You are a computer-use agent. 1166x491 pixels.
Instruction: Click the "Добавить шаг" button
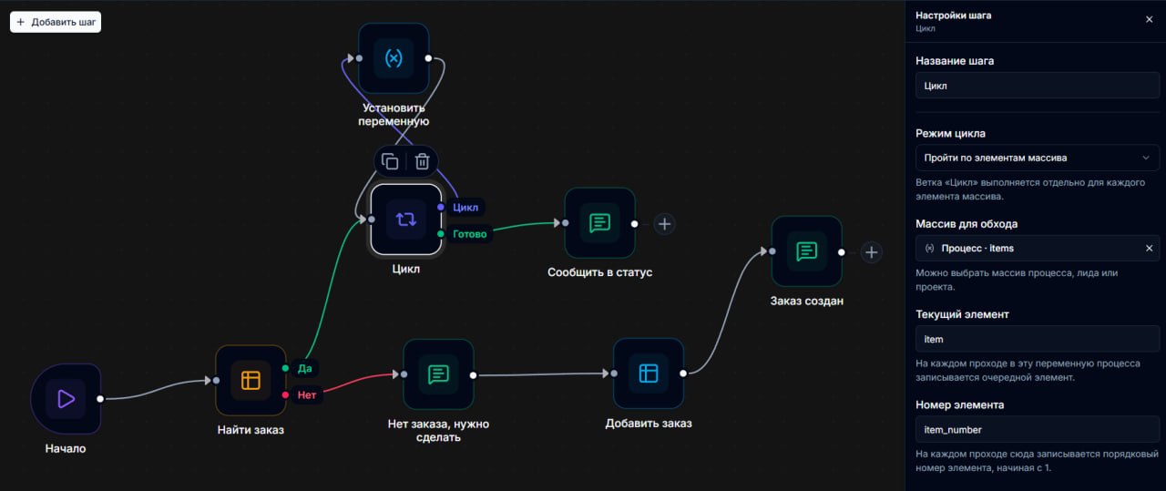[56, 22]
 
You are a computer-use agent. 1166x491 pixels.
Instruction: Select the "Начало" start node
[66, 399]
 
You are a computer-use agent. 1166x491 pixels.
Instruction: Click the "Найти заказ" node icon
[251, 380]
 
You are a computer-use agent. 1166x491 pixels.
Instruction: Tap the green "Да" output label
[304, 369]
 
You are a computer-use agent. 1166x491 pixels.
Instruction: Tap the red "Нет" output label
[307, 395]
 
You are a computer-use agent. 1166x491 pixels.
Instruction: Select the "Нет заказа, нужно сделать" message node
[438, 374]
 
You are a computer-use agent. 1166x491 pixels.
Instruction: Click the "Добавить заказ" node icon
[649, 373]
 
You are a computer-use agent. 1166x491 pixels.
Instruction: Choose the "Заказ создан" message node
[807, 251]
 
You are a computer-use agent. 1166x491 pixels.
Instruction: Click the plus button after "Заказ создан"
[872, 252]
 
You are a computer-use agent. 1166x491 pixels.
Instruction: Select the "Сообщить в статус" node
[600, 223]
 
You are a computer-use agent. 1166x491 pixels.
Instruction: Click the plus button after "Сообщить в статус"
[664, 224]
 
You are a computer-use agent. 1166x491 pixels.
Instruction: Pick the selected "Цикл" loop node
[406, 220]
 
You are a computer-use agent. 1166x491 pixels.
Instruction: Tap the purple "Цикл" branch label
[465, 207]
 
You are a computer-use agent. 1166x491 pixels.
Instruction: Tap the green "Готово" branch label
[469, 234]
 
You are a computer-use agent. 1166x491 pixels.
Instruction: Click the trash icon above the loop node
[422, 161]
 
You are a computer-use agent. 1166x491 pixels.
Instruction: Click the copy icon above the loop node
[390, 161]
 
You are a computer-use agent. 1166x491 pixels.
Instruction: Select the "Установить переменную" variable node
[394, 57]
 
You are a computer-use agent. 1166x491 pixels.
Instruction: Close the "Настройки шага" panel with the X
[1150, 19]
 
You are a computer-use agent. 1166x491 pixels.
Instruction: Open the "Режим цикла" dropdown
[1038, 158]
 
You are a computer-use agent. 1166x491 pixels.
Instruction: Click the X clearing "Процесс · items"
[1150, 249]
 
